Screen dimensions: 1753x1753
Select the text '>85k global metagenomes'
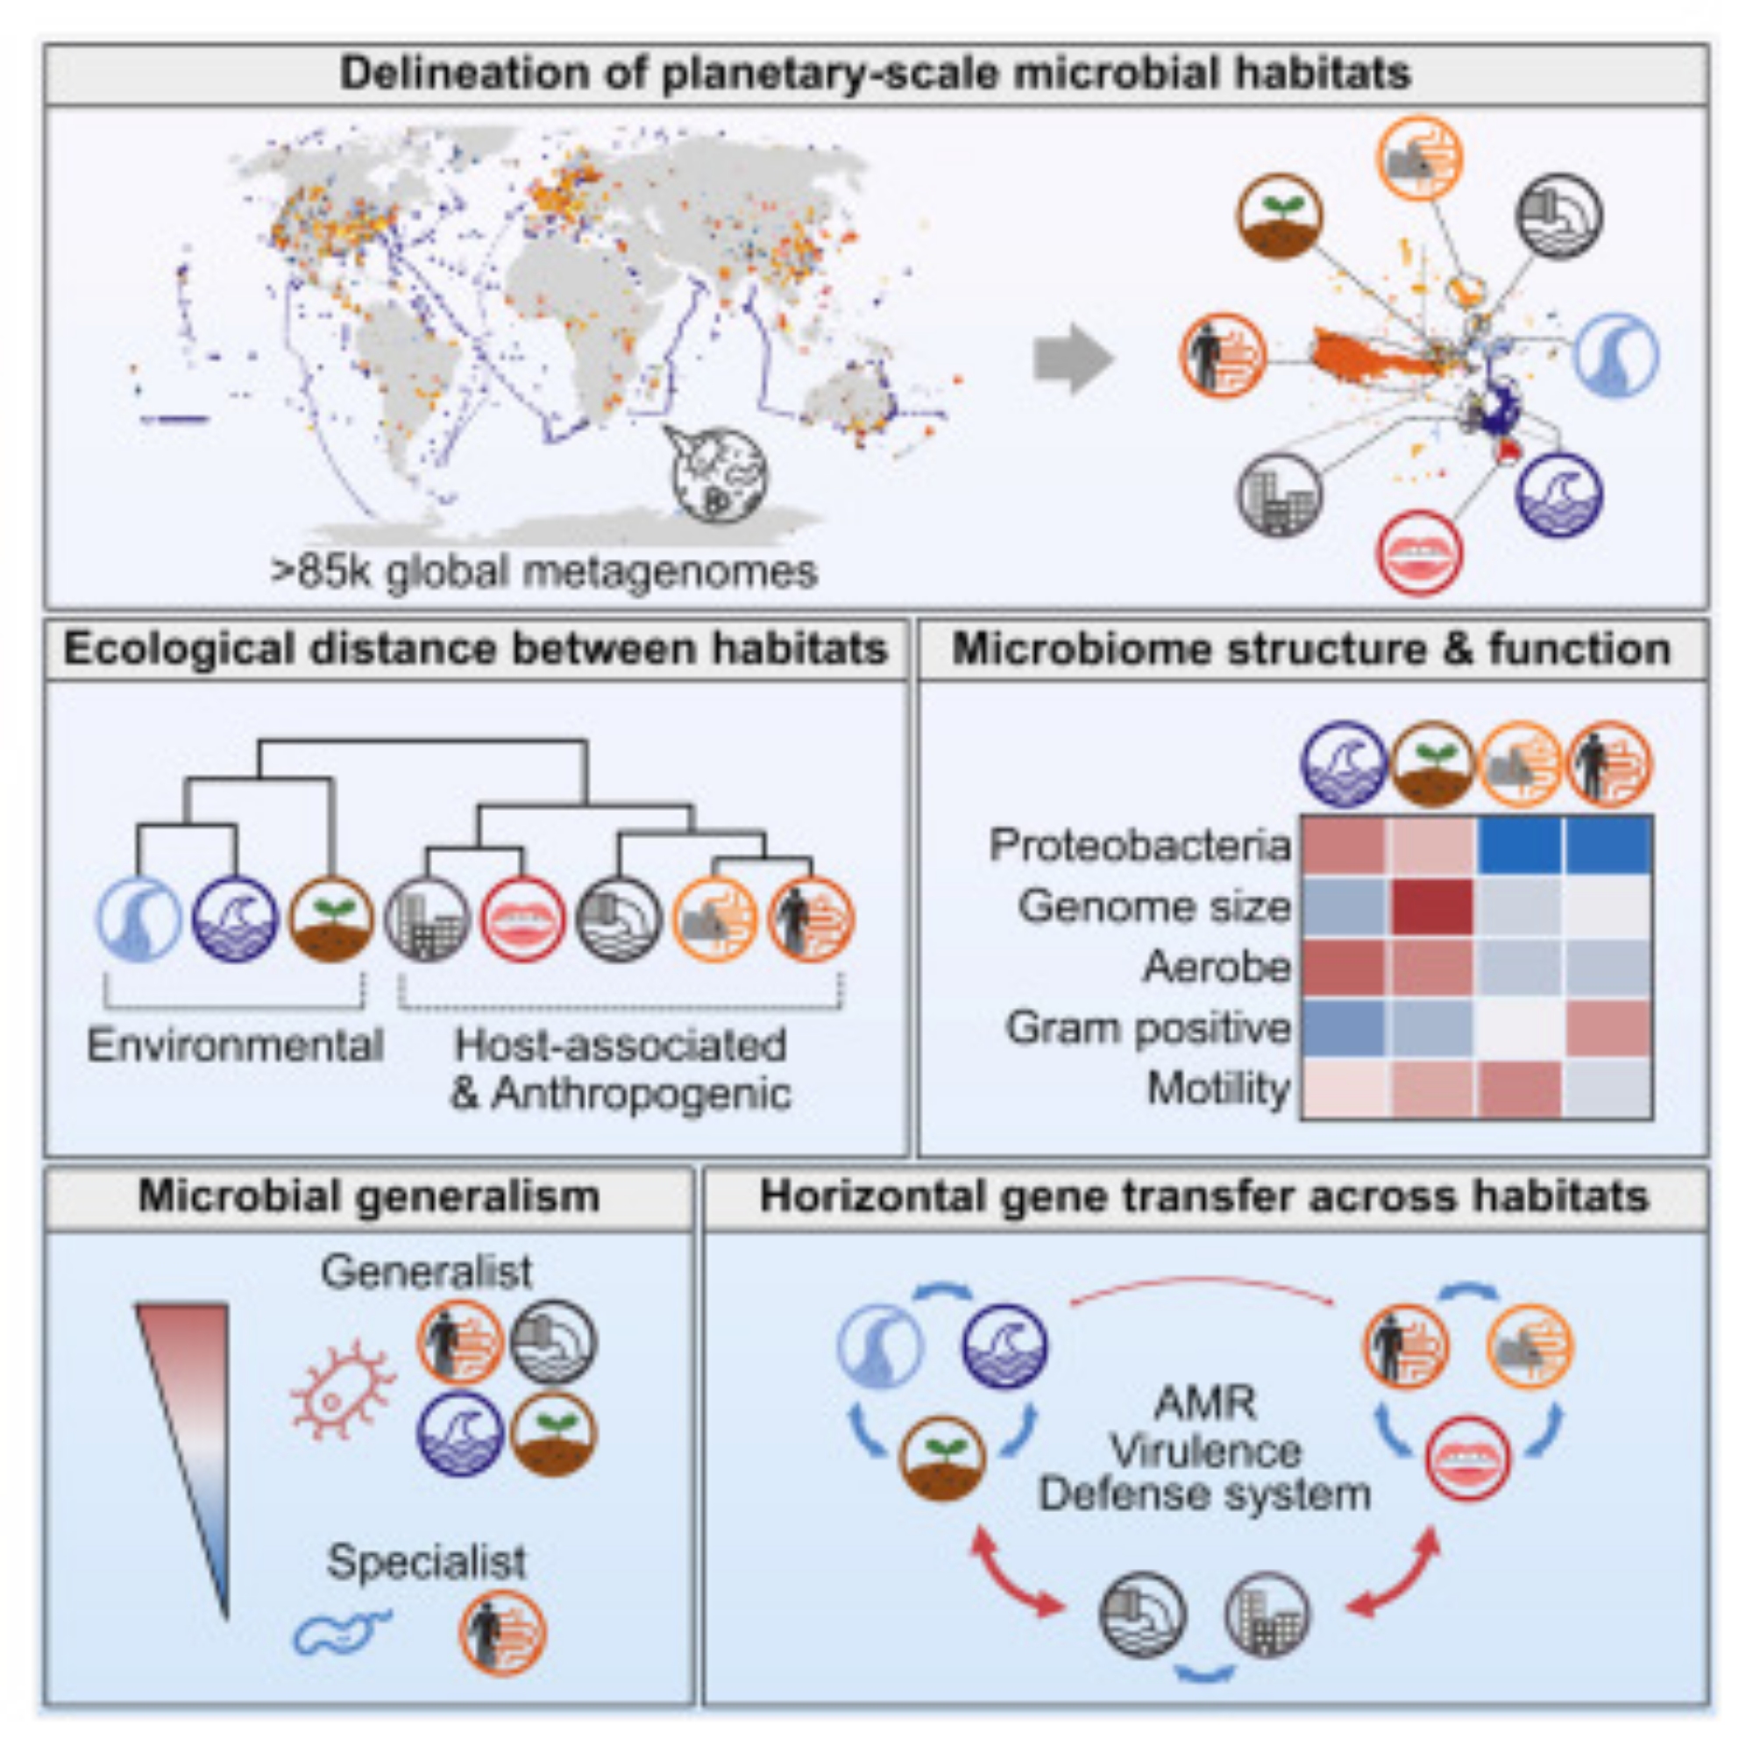click(544, 572)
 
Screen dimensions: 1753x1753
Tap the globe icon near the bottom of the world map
click(718, 472)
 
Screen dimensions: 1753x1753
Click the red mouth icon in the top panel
click(1419, 552)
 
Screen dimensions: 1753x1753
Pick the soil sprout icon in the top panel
click(1280, 216)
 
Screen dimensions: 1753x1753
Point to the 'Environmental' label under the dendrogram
click(235, 1046)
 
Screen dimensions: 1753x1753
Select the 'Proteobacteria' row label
click(1139, 845)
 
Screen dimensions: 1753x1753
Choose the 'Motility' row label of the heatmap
click(1217, 1088)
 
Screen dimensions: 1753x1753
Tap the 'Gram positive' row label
click(1148, 1028)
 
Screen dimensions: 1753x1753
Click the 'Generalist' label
click(427, 1272)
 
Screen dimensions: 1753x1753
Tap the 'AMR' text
click(1205, 1404)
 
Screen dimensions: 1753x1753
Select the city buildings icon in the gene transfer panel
click(1267, 1615)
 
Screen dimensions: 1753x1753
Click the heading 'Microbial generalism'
click(368, 1196)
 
